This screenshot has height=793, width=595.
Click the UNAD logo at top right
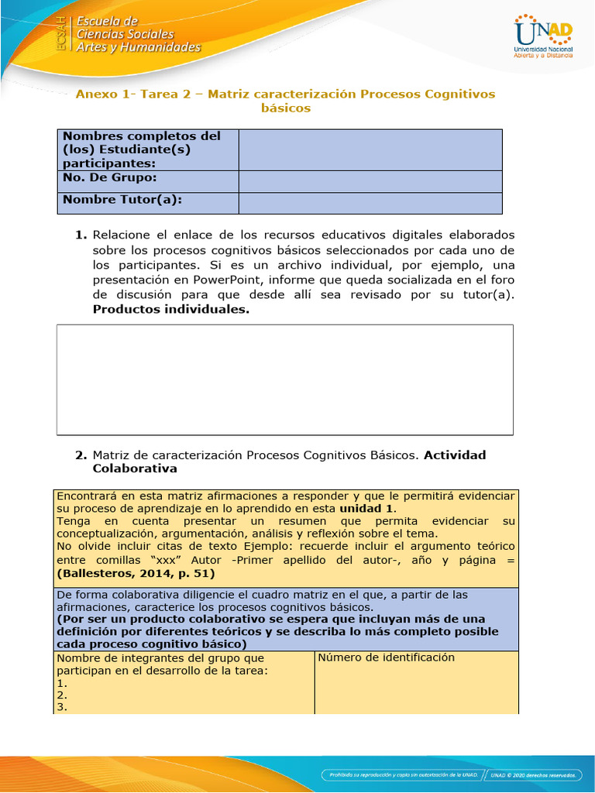pos(543,37)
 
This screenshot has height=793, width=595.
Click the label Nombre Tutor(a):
pos(122,200)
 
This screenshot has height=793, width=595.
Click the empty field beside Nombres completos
pos(370,149)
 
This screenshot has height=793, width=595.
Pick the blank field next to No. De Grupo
pos(370,181)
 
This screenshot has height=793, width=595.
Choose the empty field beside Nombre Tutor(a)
pos(370,203)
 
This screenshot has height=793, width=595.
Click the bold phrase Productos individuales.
pos(171,309)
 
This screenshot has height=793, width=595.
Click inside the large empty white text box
pos(284,379)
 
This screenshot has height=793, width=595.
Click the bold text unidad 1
pos(367,509)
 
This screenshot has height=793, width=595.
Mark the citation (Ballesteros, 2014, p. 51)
pos(136,574)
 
